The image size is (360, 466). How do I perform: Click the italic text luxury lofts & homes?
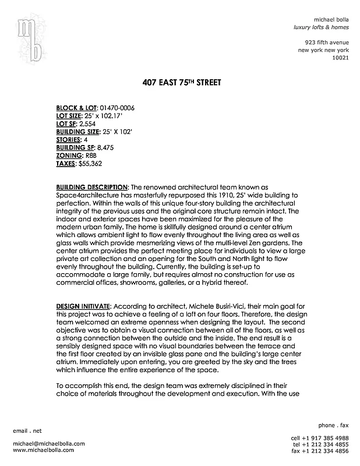click(320, 28)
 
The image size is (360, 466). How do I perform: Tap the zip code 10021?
click(340, 58)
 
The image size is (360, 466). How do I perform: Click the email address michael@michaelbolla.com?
click(48, 444)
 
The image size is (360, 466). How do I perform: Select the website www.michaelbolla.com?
click(43, 450)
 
